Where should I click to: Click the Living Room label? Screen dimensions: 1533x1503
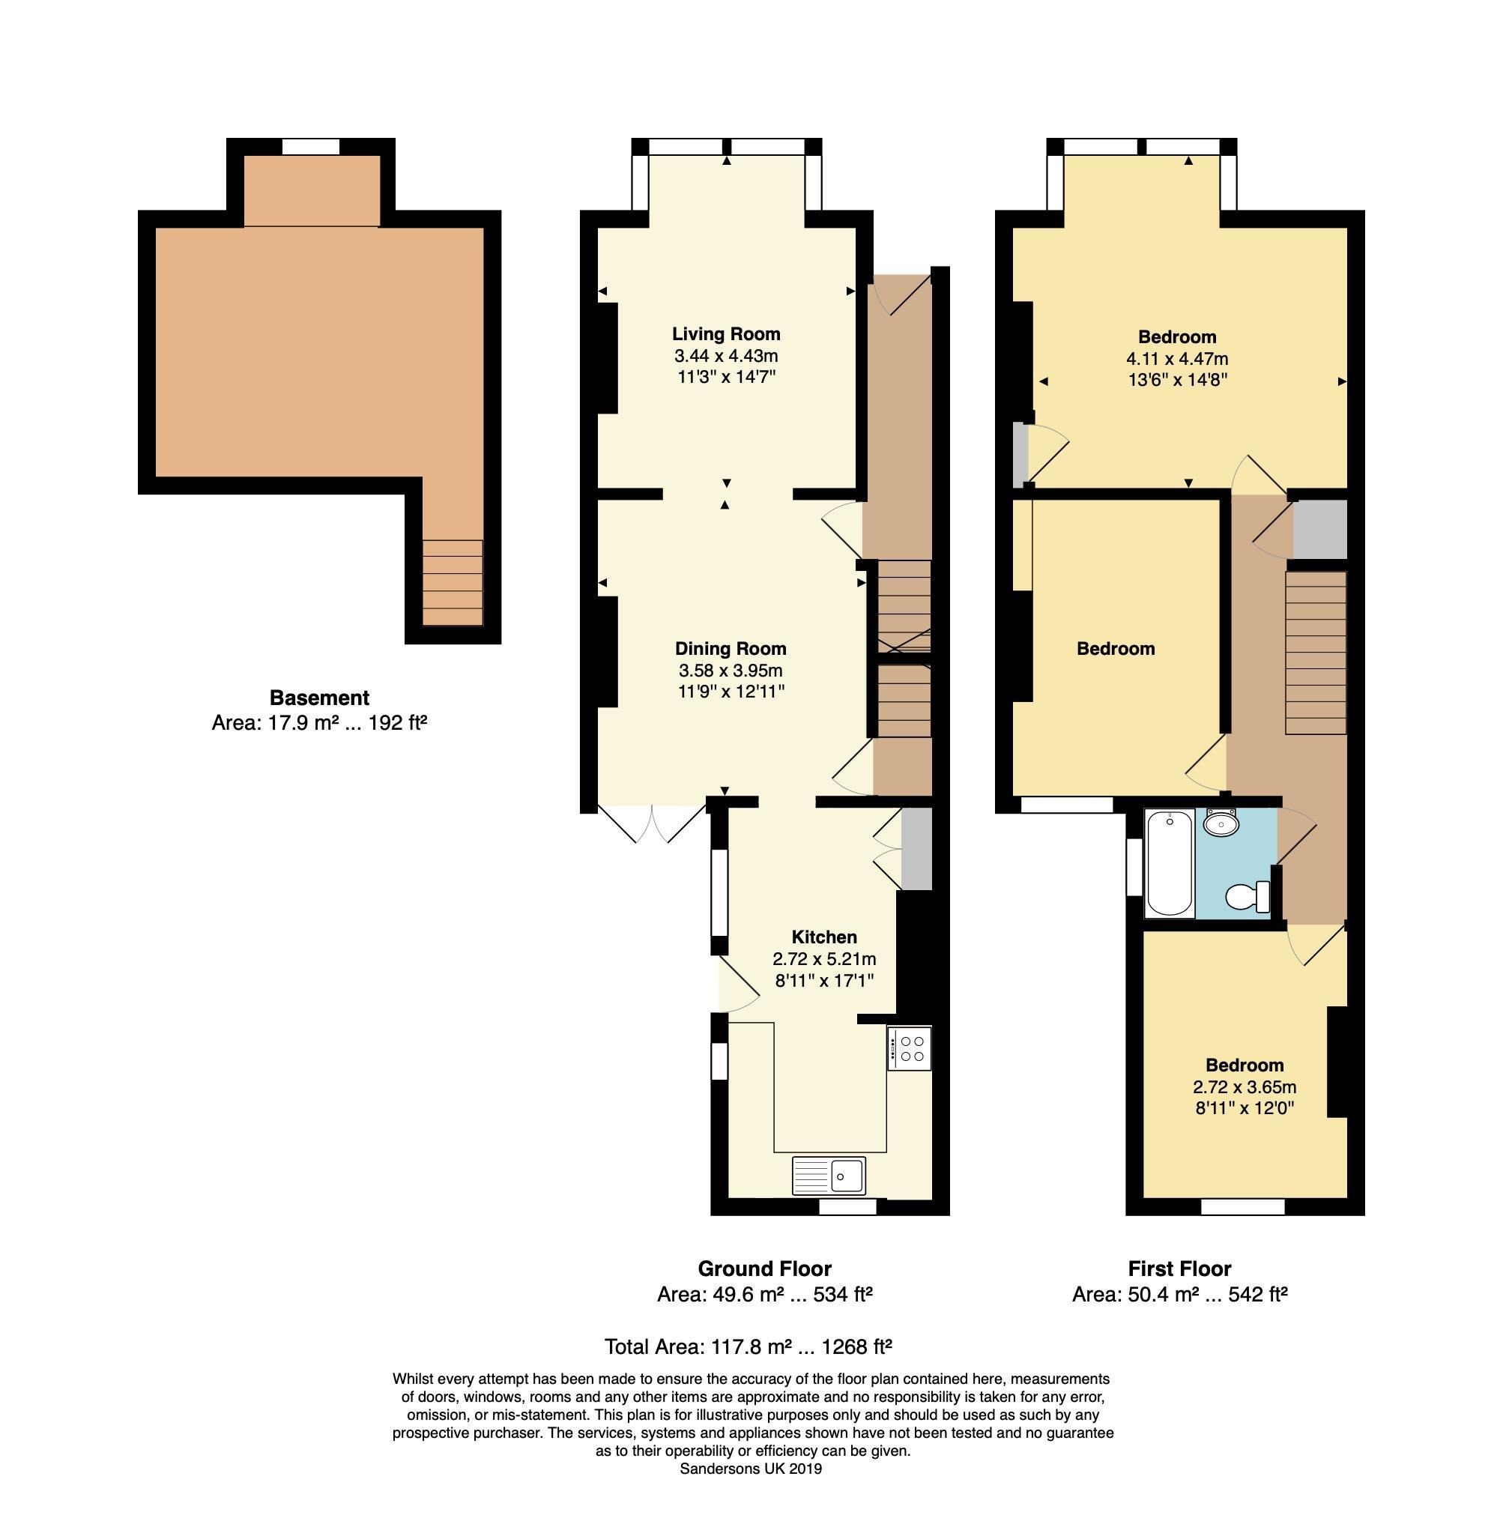click(725, 334)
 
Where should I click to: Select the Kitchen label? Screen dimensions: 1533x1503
click(824, 937)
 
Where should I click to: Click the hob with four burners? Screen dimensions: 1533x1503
click(910, 1048)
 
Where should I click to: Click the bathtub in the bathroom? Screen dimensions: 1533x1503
click(1170, 865)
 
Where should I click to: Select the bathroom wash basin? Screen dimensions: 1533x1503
click(1221, 823)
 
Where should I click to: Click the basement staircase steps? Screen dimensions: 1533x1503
click(453, 583)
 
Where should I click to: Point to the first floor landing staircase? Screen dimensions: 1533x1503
click(1315, 653)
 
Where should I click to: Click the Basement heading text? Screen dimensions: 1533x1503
click(319, 698)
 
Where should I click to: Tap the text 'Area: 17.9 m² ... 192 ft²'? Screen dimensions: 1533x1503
click(319, 723)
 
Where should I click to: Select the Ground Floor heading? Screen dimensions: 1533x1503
click(764, 1269)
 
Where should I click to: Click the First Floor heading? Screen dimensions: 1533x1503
click(1179, 1269)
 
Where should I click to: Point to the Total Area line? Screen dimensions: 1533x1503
click(748, 1346)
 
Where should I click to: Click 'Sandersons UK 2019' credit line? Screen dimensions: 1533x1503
click(751, 1469)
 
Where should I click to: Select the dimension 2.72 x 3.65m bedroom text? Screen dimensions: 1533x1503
click(1244, 1087)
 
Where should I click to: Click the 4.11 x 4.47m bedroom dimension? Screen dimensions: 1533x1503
click(1177, 358)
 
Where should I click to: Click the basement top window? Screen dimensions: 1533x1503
click(311, 147)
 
